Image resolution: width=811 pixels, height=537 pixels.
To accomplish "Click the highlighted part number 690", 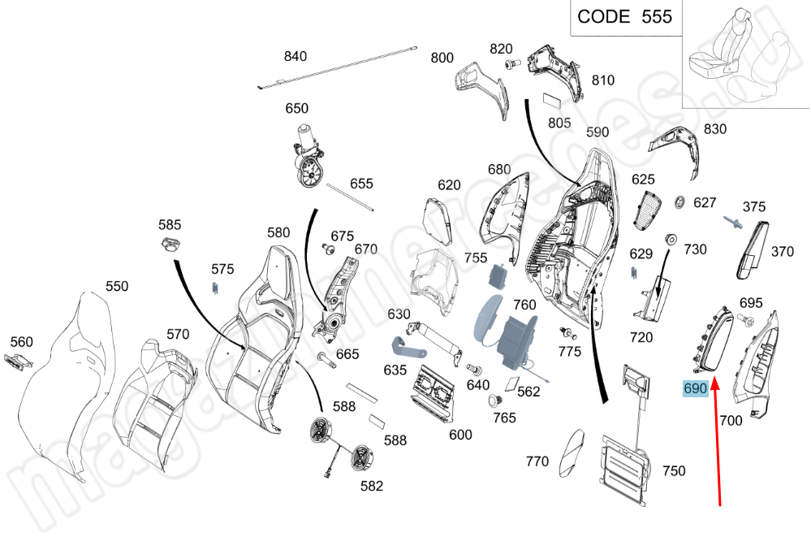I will (x=696, y=389).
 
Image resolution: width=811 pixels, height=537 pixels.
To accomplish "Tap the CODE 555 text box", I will (x=624, y=17).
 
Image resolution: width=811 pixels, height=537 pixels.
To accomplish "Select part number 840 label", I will (x=295, y=56).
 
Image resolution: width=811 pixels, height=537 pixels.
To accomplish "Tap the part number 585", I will (x=170, y=224).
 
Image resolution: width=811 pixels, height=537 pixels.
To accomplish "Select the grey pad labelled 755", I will (x=498, y=275).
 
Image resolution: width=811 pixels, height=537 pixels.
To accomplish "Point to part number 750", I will (x=673, y=470).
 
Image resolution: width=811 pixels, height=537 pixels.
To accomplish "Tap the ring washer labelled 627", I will (x=680, y=201).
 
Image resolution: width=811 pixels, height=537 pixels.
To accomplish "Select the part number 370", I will (x=782, y=252).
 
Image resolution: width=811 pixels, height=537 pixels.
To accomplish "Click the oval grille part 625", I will (x=649, y=211).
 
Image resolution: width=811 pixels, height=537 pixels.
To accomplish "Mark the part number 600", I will (x=460, y=435).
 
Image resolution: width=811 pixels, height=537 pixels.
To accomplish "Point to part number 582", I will (x=372, y=486).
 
